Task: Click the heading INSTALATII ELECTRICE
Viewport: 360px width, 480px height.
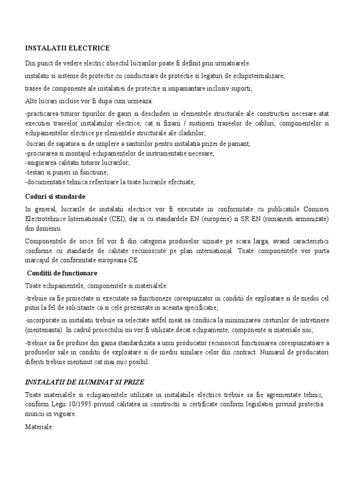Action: [67, 48]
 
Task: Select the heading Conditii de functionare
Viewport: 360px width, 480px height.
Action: [62, 273]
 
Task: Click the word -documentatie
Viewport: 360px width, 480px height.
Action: [46, 182]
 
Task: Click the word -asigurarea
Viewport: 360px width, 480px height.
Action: [43, 163]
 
